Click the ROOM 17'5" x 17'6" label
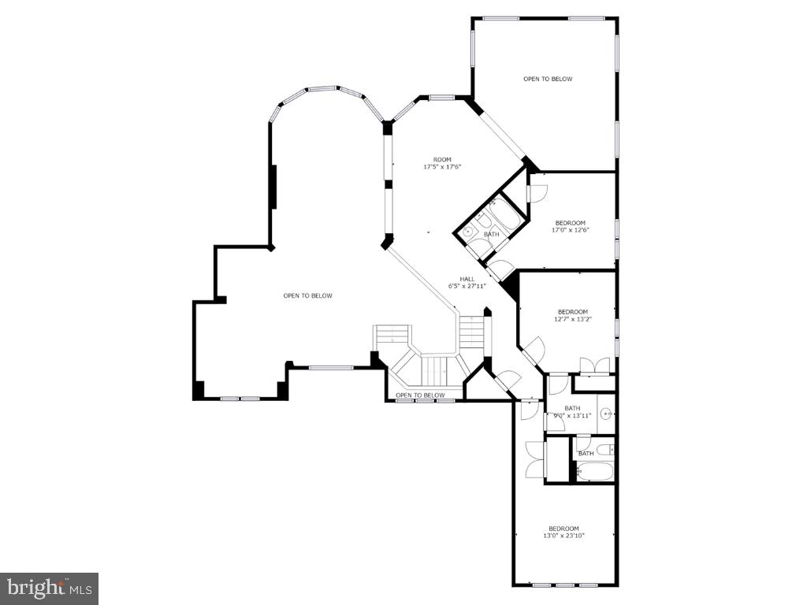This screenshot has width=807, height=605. (x=442, y=163)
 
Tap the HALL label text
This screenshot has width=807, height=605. (x=467, y=279)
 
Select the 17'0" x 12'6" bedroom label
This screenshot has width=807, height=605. (x=571, y=226)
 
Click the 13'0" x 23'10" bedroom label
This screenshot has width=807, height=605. (x=563, y=532)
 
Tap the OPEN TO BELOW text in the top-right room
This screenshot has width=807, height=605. (x=548, y=79)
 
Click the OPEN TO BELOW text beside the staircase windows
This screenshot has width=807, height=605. (x=420, y=395)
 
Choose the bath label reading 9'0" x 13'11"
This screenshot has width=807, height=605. (x=572, y=412)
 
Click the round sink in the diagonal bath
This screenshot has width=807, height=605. (x=467, y=232)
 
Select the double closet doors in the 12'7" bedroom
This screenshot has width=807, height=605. (x=593, y=366)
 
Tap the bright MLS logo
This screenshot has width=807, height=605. (x=49, y=588)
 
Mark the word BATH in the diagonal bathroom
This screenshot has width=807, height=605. (x=491, y=234)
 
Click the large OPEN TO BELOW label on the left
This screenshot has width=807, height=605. (x=308, y=295)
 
